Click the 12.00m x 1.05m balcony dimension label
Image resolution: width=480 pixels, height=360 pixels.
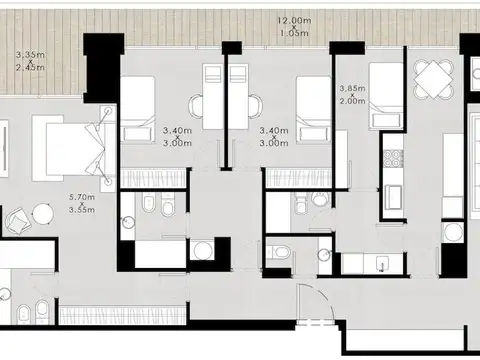tap(295, 27)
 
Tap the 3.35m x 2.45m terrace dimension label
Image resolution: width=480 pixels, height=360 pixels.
tap(30, 61)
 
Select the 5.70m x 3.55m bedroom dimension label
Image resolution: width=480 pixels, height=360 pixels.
tap(82, 203)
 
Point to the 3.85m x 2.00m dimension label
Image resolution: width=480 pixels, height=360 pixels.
tap(353, 95)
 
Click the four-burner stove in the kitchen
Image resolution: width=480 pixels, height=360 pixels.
tap(392, 158)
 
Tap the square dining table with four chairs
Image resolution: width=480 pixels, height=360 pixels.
tap(434, 79)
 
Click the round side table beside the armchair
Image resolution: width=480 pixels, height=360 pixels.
tap(43, 214)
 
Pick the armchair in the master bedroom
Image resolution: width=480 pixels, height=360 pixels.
tap(19, 220)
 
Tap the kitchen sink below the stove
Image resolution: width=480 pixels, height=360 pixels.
tap(393, 197)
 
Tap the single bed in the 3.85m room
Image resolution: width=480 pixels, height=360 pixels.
tap(386, 96)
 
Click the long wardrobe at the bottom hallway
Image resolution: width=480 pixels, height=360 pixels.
tap(122, 315)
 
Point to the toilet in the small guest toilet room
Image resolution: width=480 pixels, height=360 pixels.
tap(279, 252)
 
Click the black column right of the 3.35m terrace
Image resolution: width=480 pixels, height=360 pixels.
tap(103, 68)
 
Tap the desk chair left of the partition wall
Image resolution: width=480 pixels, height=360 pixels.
tap(196, 106)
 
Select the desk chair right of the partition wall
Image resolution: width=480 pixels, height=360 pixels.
tap(256, 106)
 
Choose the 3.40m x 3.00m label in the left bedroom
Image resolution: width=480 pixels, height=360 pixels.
tap(177, 137)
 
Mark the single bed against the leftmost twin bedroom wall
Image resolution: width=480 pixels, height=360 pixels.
tap(138, 110)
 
